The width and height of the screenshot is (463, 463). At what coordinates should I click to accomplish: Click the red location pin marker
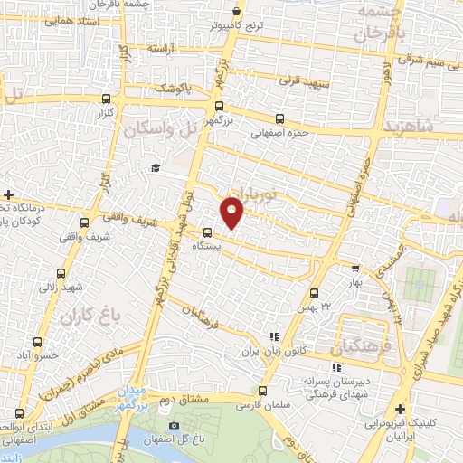tap(233, 213)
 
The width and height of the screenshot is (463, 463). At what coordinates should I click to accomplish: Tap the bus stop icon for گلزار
tap(108, 99)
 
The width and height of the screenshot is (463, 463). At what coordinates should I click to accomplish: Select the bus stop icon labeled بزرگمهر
tap(219, 106)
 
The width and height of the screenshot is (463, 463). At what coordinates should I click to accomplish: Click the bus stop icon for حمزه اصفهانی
tap(279, 118)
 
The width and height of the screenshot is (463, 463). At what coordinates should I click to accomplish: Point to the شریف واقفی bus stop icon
tap(84, 222)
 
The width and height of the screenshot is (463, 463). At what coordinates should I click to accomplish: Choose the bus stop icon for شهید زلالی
tap(61, 273)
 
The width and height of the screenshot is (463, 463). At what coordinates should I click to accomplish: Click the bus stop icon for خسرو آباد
tap(37, 342)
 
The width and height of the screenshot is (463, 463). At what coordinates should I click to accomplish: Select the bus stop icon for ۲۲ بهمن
tap(314, 293)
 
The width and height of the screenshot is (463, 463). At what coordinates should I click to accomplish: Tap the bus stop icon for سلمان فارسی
tap(263, 392)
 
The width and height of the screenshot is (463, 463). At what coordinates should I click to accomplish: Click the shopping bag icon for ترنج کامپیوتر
tap(237, 12)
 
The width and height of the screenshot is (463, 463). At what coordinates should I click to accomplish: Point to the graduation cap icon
tap(156, 168)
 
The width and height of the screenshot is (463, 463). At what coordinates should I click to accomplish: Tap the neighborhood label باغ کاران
tap(90, 317)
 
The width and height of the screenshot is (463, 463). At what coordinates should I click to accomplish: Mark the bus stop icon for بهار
tap(355, 268)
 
